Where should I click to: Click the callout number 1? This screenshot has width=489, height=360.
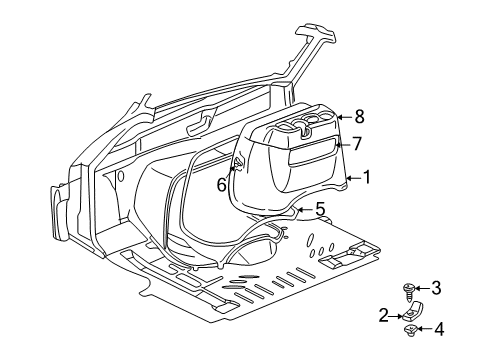point(367,178)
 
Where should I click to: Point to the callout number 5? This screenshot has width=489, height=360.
point(320,209)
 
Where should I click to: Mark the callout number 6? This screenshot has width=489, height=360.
point(222,183)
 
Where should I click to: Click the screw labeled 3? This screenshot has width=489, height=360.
point(409,290)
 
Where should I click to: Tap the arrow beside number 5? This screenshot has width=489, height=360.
point(307,209)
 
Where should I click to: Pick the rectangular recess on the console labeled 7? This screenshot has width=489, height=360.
point(312,148)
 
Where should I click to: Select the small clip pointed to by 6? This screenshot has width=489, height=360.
point(237,162)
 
